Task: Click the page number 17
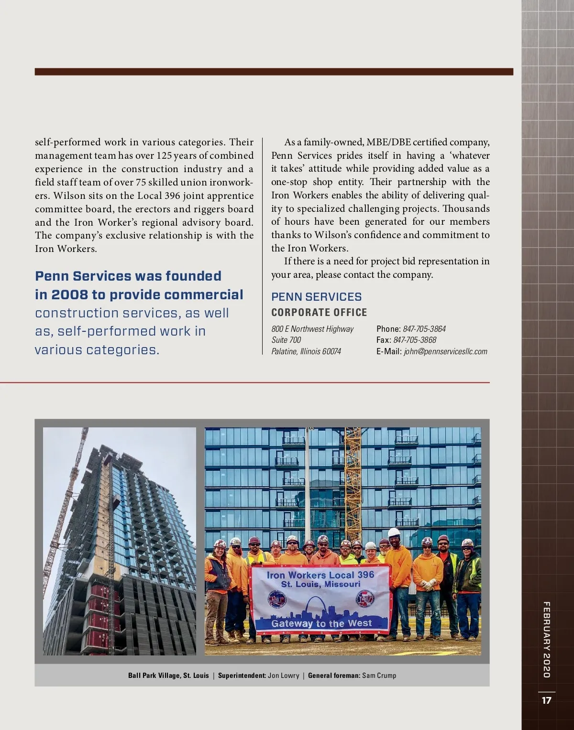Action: click(546, 700)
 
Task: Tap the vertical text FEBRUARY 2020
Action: click(546, 639)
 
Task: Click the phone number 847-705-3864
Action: click(424, 329)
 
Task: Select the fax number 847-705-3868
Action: click(414, 340)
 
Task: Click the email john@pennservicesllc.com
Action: click(445, 351)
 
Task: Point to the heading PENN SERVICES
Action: click(316, 296)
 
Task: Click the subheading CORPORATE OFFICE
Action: click(319, 312)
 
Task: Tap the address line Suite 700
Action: click(286, 340)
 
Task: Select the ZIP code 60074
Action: click(331, 351)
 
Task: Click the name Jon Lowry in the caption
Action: click(283, 676)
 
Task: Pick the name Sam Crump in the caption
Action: click(379, 676)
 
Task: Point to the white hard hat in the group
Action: click(394, 532)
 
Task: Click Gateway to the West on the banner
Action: click(321, 623)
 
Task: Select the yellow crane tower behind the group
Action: click(353, 483)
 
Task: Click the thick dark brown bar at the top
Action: click(274, 72)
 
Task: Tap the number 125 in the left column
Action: click(164, 156)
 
